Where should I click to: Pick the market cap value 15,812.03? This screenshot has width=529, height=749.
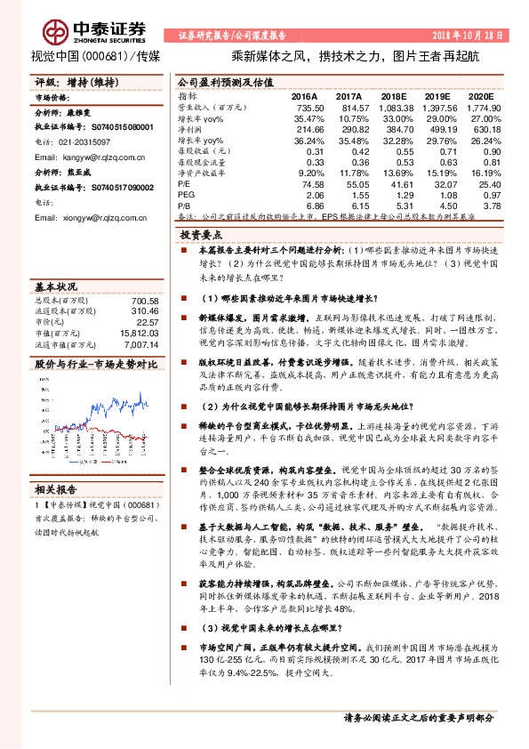125,333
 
